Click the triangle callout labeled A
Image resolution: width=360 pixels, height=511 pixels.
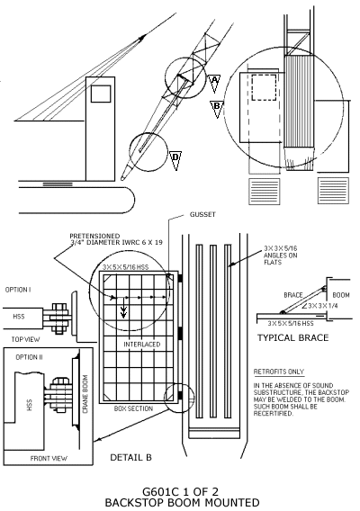tap(214, 83)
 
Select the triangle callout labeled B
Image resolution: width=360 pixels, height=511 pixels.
tap(217, 109)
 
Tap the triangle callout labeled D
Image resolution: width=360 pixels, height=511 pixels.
tap(175, 160)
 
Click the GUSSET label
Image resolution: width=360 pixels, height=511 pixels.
tap(202, 214)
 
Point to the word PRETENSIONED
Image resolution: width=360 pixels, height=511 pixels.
tap(94, 236)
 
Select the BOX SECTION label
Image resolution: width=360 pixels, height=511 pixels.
tap(133, 408)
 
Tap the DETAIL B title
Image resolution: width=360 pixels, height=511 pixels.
tap(130, 457)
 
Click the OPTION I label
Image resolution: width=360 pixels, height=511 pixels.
tap(18, 290)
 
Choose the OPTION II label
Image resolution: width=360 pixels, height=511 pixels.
tap(29, 357)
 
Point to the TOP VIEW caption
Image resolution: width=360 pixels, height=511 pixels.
tap(25, 339)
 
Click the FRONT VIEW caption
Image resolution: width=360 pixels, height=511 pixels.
tap(49, 458)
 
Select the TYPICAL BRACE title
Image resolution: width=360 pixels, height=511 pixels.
tap(292, 337)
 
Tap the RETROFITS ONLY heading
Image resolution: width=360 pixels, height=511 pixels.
tap(279, 372)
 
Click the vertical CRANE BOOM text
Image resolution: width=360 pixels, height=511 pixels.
tap(85, 394)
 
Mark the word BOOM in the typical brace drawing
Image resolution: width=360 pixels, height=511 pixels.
tap(341, 295)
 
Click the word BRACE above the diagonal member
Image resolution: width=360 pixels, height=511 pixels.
tap(293, 295)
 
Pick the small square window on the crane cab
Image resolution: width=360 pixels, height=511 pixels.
tap(101, 94)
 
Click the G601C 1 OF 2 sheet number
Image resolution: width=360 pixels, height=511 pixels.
tap(180, 491)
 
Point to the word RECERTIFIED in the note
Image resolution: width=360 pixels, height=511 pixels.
tap(273, 414)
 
